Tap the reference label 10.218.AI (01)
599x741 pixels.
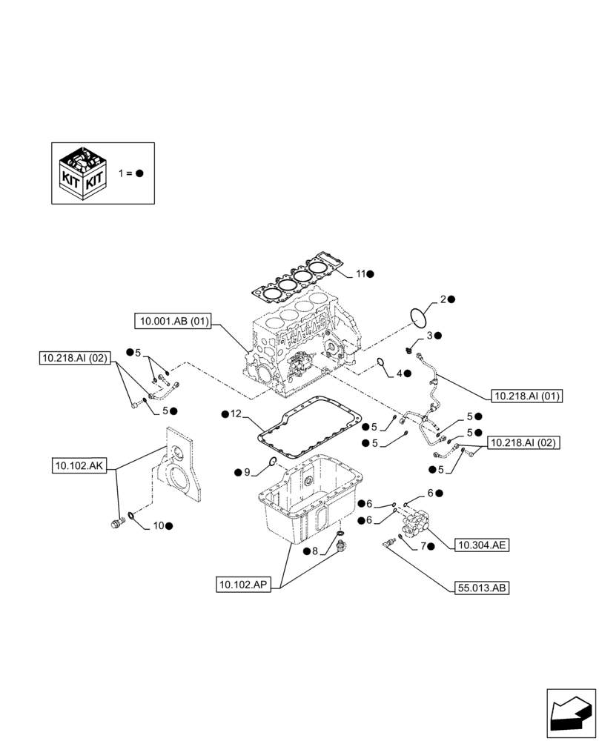point(526,396)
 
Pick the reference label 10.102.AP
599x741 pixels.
point(245,585)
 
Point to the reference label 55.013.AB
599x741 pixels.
point(482,588)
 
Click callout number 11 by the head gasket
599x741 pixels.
point(360,274)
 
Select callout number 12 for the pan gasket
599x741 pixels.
point(235,413)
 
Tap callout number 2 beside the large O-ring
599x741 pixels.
point(443,299)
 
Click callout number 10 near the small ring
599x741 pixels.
point(158,525)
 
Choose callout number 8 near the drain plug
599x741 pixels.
point(314,551)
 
